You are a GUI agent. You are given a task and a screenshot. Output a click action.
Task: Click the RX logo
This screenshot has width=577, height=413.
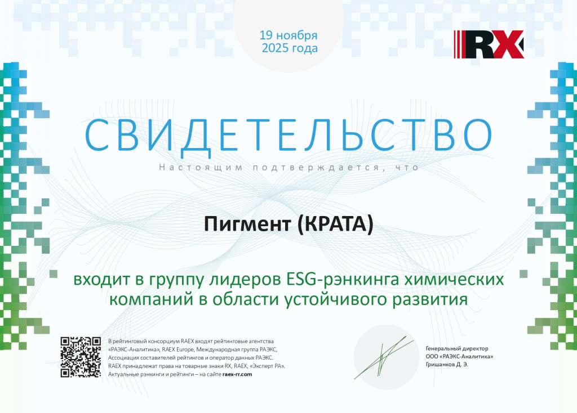coord(489,45)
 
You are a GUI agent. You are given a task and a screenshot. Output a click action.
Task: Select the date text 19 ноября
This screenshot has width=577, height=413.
coord(288,35)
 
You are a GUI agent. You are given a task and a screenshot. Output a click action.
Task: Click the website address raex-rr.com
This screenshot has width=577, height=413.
coord(237,374)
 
